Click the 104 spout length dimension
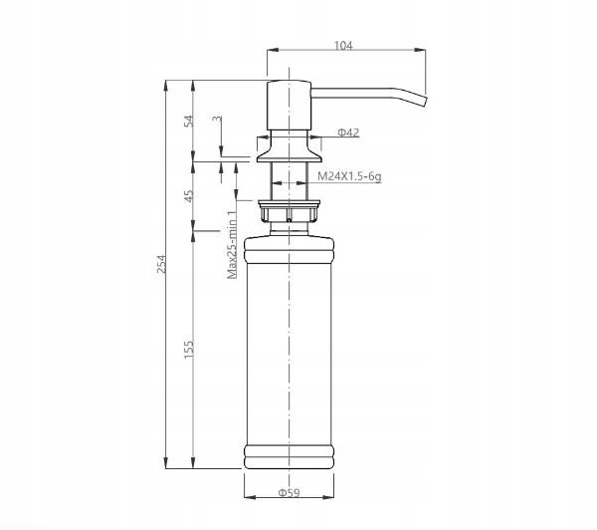(x=343, y=46)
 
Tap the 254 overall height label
(x=162, y=264)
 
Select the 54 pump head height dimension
(x=189, y=121)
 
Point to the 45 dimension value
(x=189, y=196)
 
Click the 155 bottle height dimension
(x=189, y=350)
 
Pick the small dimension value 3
(x=217, y=119)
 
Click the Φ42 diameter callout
(x=348, y=132)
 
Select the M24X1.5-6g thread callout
(x=349, y=176)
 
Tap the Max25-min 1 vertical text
(x=232, y=244)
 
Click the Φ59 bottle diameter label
(x=289, y=493)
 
